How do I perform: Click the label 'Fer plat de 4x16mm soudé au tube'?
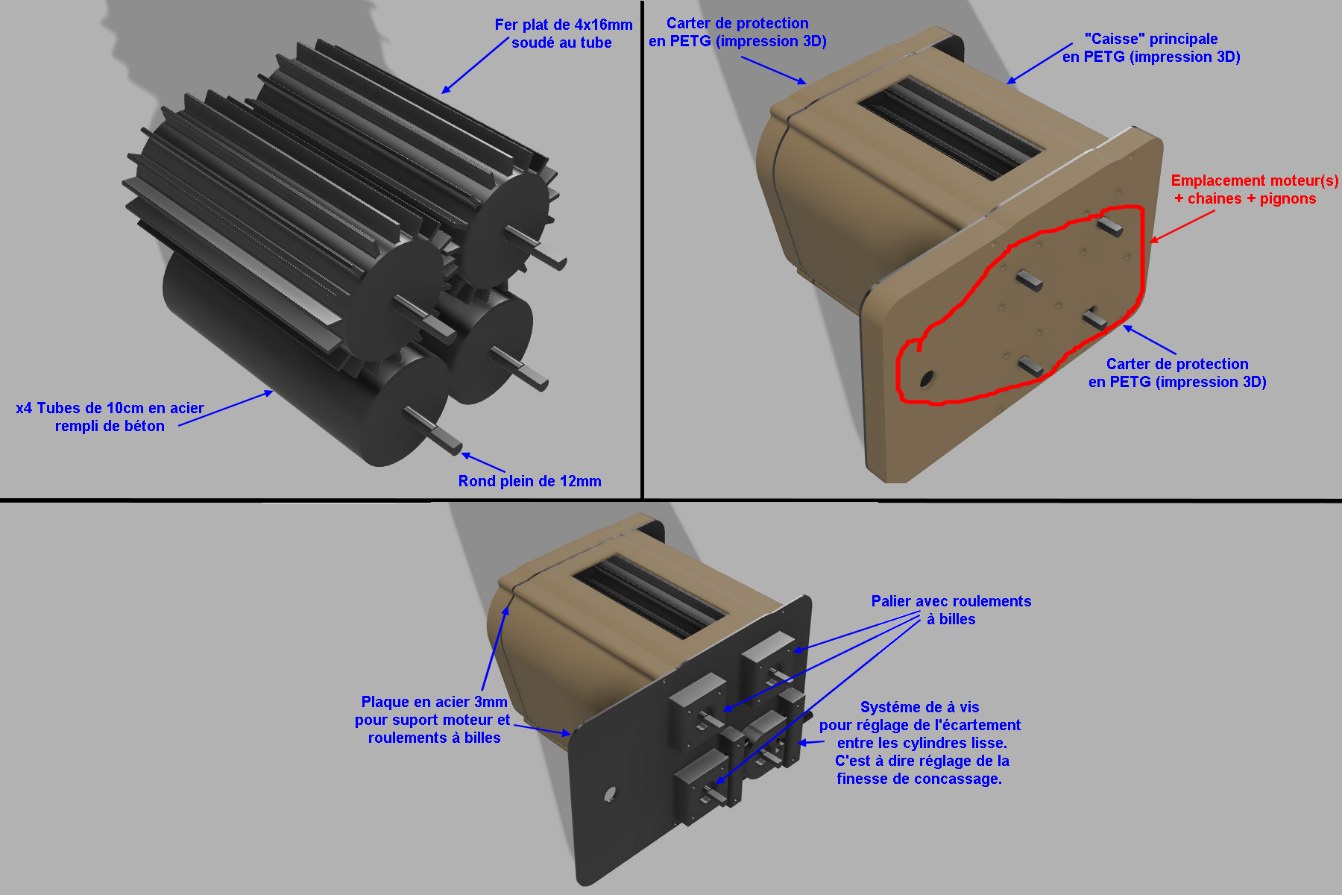pyautogui.click(x=564, y=34)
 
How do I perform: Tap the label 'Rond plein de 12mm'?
pyautogui.click(x=529, y=481)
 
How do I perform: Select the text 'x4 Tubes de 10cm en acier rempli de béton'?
pyautogui.click(x=110, y=417)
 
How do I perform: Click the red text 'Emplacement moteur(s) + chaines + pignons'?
pyautogui.click(x=1254, y=189)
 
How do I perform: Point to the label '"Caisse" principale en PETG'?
pyautogui.click(x=1151, y=48)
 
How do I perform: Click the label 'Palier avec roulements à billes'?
pyautogui.click(x=951, y=610)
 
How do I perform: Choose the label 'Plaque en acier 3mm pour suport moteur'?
pyautogui.click(x=432, y=720)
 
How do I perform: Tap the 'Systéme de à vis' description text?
pyautogui.click(x=920, y=743)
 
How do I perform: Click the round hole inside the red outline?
pyautogui.click(x=926, y=379)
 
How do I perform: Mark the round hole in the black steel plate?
pyautogui.click(x=610, y=794)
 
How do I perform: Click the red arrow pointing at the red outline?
pyautogui.click(x=1182, y=226)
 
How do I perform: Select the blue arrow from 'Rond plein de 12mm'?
pyautogui.click(x=484, y=462)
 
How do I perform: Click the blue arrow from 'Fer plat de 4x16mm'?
pyautogui.click(x=475, y=66)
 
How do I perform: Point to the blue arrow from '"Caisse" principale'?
pyautogui.click(x=1039, y=63)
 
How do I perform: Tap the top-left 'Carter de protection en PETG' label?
pyautogui.click(x=737, y=32)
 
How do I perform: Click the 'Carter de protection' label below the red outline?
pyautogui.click(x=1177, y=373)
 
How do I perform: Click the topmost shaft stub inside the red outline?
pyautogui.click(x=1109, y=225)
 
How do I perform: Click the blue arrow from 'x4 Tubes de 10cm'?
pyautogui.click(x=226, y=408)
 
